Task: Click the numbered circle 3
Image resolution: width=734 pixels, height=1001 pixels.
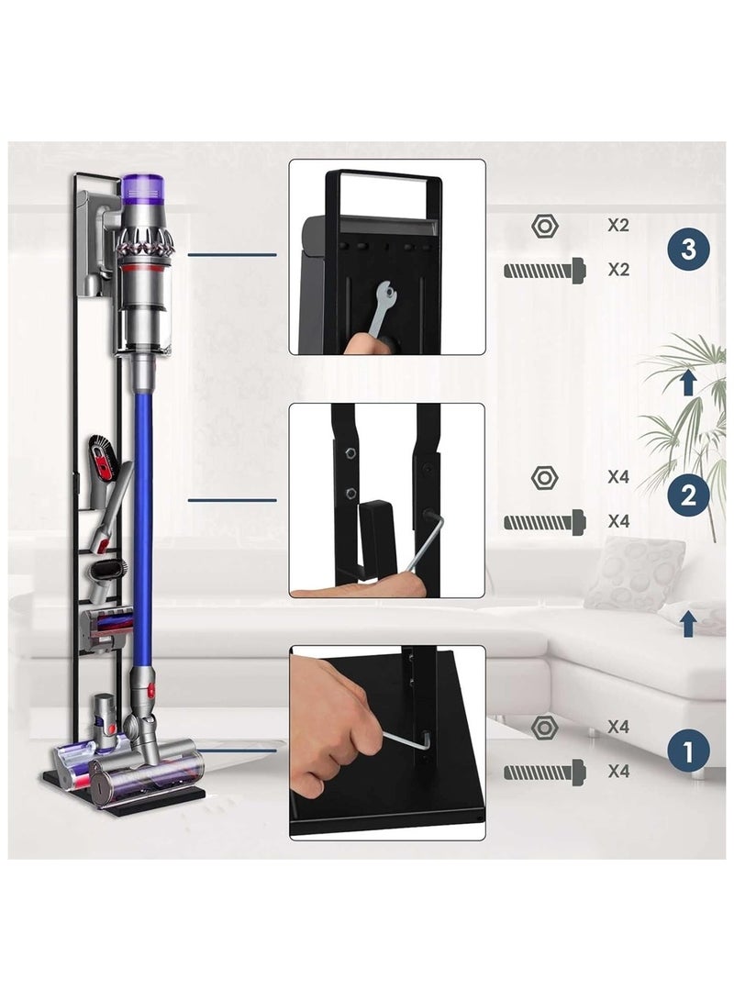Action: pyautogui.click(x=688, y=250)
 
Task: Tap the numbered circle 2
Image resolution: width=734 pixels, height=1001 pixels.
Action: pyautogui.click(x=688, y=498)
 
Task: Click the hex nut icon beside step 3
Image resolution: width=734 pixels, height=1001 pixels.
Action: pyautogui.click(x=544, y=225)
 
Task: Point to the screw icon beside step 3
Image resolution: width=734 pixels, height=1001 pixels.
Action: pyautogui.click(x=545, y=270)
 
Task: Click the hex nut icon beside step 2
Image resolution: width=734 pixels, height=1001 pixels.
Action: pyautogui.click(x=544, y=477)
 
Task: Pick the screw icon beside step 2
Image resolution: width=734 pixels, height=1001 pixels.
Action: pyautogui.click(x=545, y=522)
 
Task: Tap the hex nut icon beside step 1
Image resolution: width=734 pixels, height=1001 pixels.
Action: pyautogui.click(x=544, y=727)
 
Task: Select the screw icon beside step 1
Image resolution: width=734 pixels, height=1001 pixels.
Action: pyautogui.click(x=545, y=772)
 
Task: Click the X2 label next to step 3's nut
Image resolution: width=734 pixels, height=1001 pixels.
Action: pyautogui.click(x=617, y=225)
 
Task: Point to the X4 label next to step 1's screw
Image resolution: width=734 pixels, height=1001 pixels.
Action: pyautogui.click(x=617, y=772)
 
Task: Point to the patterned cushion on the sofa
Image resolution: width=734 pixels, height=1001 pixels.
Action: pyautogui.click(x=634, y=573)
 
